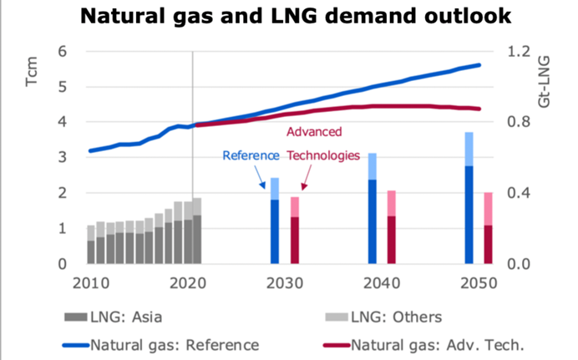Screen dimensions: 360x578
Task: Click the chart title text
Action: [x=289, y=18]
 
